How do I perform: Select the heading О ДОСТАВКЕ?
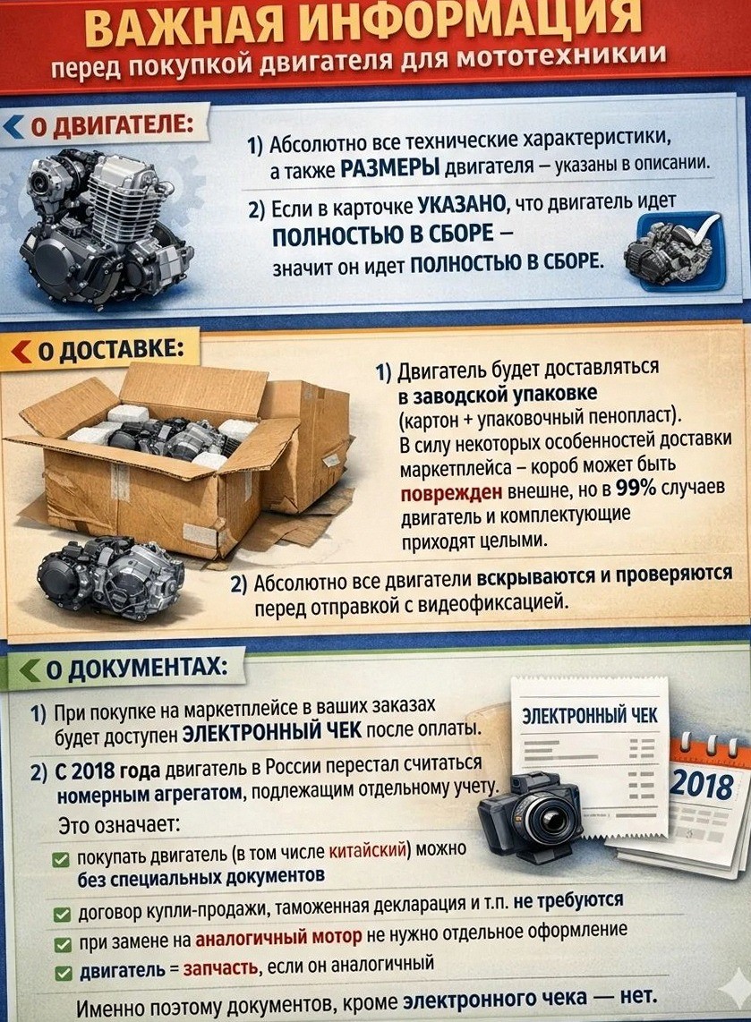click(107, 349)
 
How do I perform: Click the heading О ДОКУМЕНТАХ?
click(137, 669)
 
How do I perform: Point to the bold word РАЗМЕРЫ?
click(390, 169)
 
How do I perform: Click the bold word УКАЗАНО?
click(462, 205)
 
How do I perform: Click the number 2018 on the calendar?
click(702, 784)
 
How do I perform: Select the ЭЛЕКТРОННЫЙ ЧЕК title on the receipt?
click(589, 715)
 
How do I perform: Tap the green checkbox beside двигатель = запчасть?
click(63, 974)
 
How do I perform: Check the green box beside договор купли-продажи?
click(62, 915)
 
